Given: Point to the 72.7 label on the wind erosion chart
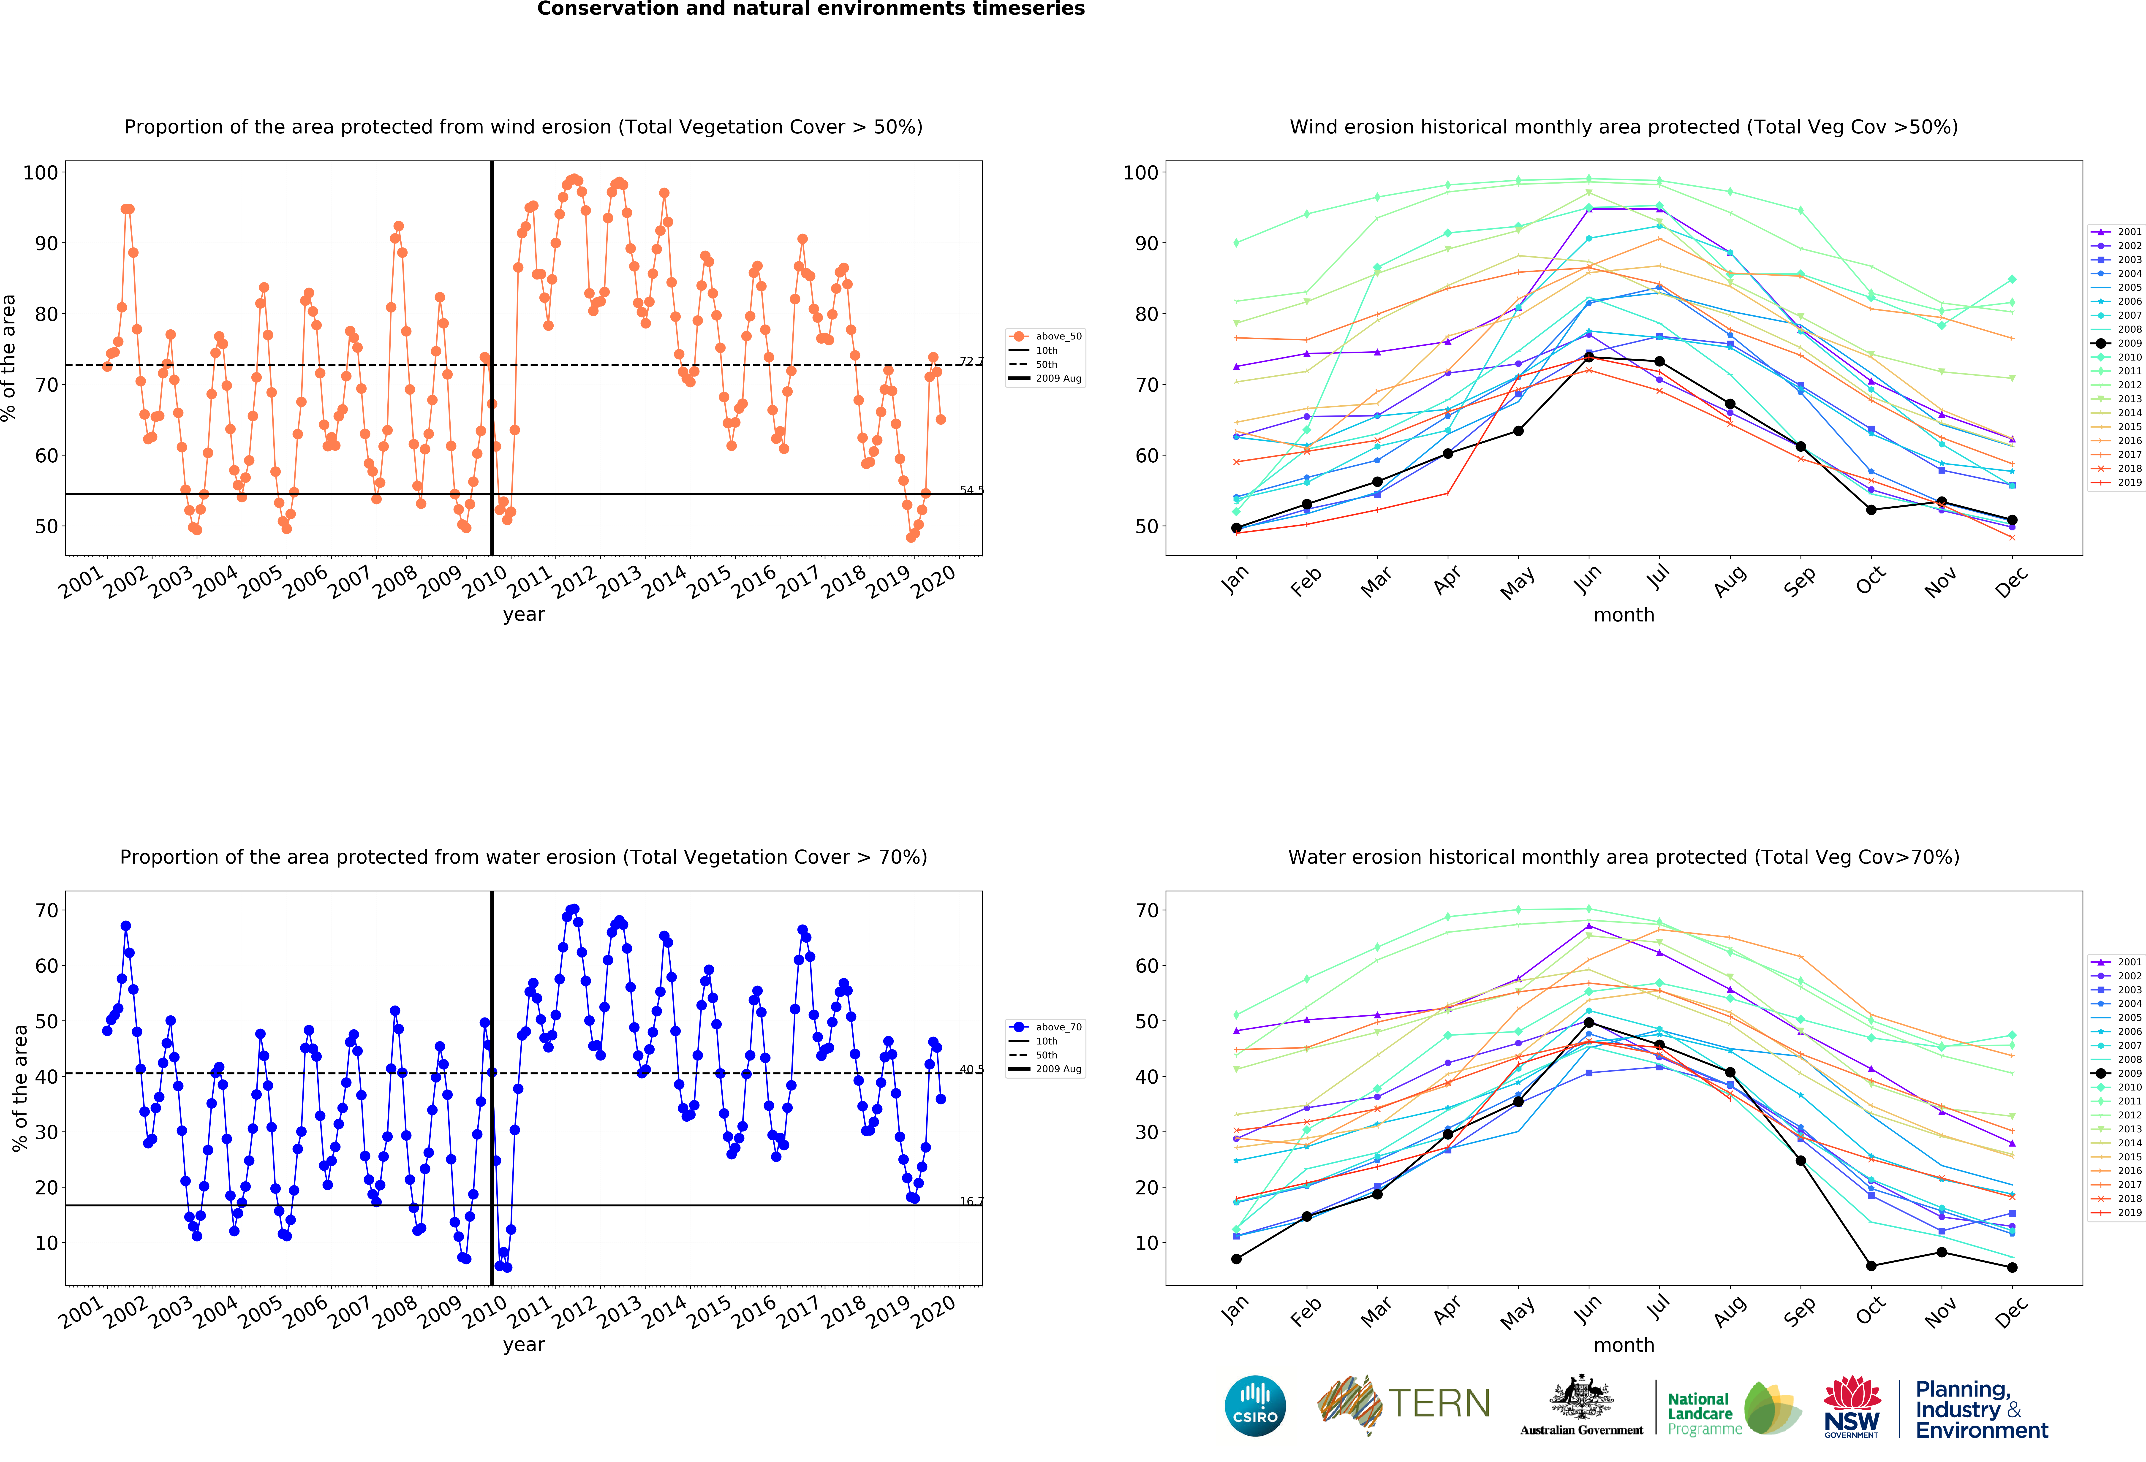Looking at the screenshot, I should [971, 361].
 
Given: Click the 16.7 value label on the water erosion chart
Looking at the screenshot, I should [971, 1201].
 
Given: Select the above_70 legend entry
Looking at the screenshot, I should [1046, 1026].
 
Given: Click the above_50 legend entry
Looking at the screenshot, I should [1046, 336].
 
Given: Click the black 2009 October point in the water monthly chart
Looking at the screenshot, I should [1871, 1265].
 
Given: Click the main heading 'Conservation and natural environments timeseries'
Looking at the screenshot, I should [811, 9].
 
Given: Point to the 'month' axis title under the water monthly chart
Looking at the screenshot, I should [1623, 1345].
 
